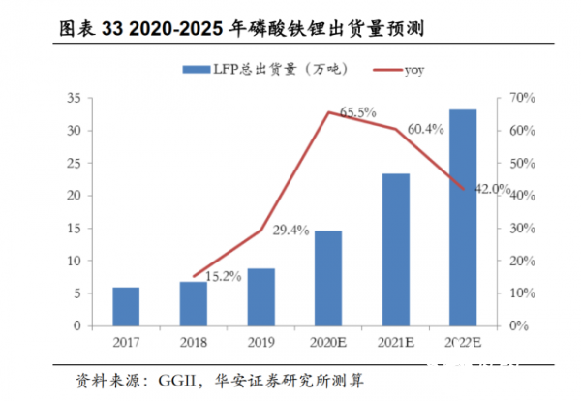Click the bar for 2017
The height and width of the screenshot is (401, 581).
(x=126, y=306)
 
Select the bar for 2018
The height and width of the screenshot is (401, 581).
(x=194, y=303)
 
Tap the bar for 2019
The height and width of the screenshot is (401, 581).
(x=260, y=296)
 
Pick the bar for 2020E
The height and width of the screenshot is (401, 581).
(x=328, y=278)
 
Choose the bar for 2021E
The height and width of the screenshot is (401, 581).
(x=395, y=249)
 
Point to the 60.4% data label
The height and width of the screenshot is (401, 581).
(x=427, y=128)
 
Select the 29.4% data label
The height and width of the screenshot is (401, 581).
(x=290, y=231)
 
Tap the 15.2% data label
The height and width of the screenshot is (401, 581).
(x=225, y=278)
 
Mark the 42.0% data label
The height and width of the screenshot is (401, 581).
(x=491, y=190)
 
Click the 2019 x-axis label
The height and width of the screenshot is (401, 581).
(x=260, y=342)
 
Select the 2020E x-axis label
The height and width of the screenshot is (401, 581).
(x=328, y=342)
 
